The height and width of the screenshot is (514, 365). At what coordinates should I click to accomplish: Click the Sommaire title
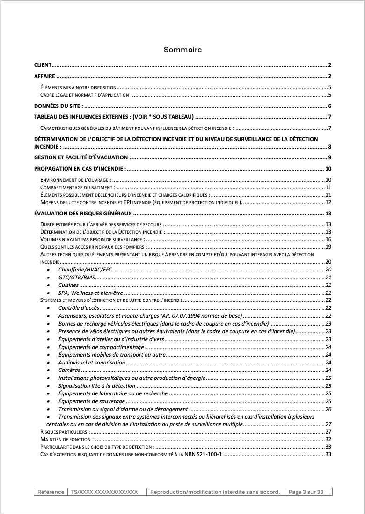click(x=182, y=50)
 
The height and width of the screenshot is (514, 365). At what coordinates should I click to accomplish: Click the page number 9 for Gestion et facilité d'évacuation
click(x=329, y=157)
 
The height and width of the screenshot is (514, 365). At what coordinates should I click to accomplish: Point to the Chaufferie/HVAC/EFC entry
click(x=85, y=270)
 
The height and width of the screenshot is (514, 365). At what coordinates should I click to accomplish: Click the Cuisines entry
click(x=69, y=285)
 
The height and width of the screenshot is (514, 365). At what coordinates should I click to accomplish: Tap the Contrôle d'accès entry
click(x=79, y=308)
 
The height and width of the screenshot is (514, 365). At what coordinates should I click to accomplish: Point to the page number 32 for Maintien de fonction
click(x=328, y=439)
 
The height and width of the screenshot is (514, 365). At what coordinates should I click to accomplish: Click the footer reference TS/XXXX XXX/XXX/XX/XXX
click(x=104, y=492)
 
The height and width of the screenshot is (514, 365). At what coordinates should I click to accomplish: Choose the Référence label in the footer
click(x=51, y=492)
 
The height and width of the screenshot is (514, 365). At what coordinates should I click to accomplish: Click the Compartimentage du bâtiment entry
click(x=75, y=187)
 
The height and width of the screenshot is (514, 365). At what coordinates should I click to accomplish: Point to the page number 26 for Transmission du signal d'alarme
click(x=328, y=409)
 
